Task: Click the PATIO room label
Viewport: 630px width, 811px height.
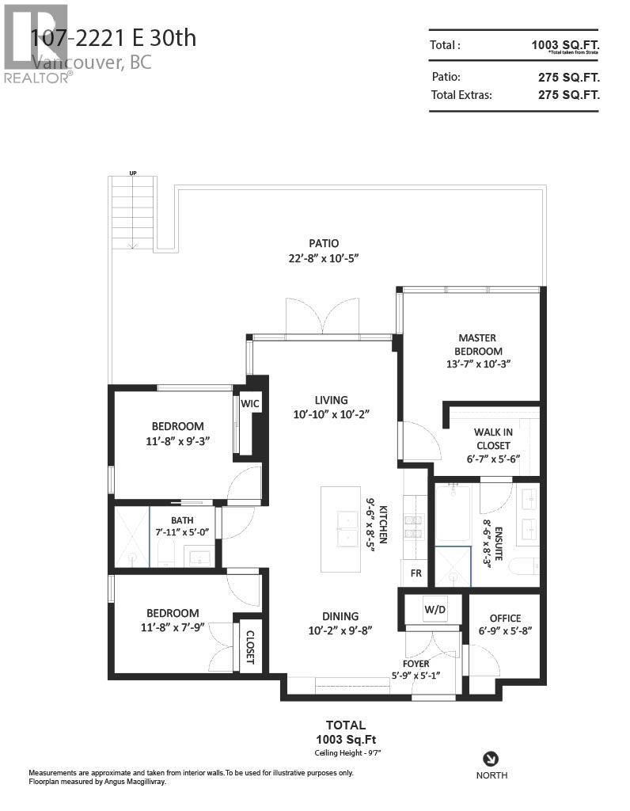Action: pyautogui.click(x=324, y=243)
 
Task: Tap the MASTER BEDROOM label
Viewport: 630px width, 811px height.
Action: pyautogui.click(x=477, y=345)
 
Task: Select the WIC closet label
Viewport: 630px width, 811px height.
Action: pyautogui.click(x=250, y=404)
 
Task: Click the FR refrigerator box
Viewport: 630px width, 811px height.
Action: pyautogui.click(x=416, y=573)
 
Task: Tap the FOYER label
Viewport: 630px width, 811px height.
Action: pyautogui.click(x=416, y=663)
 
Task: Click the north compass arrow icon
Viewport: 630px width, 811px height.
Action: pyautogui.click(x=491, y=757)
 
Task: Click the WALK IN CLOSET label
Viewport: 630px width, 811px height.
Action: pyautogui.click(x=492, y=439)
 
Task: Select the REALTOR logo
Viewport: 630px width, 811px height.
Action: pyautogui.click(x=36, y=43)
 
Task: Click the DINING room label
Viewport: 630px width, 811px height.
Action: pyautogui.click(x=340, y=616)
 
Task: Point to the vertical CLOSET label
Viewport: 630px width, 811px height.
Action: pyautogui.click(x=249, y=646)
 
